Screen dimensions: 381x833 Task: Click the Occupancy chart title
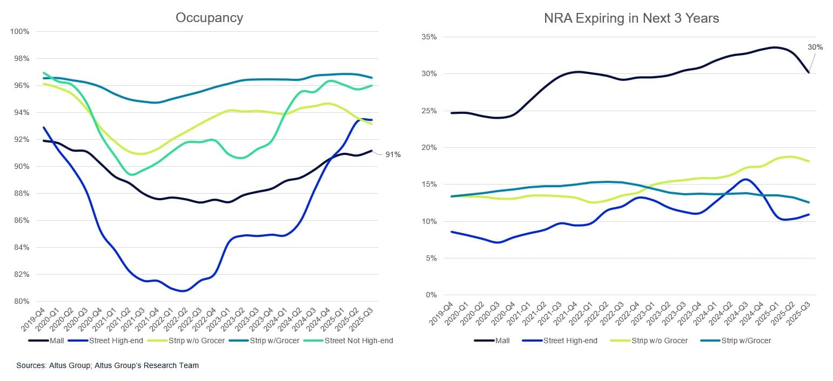tap(209, 18)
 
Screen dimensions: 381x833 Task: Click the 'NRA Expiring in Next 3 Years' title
tap(632, 18)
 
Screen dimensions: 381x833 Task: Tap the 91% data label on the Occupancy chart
tap(393, 155)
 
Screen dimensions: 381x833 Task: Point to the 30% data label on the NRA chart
tap(815, 47)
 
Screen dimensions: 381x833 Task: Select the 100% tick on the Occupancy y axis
tap(19, 31)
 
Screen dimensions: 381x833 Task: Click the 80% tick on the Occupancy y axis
tap(21, 301)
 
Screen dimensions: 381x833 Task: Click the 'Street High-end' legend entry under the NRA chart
tap(570, 341)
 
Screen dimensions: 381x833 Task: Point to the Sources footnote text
tap(108, 365)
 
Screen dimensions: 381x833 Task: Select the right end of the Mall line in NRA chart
tap(808, 72)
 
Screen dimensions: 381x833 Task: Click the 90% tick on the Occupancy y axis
tap(21, 166)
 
